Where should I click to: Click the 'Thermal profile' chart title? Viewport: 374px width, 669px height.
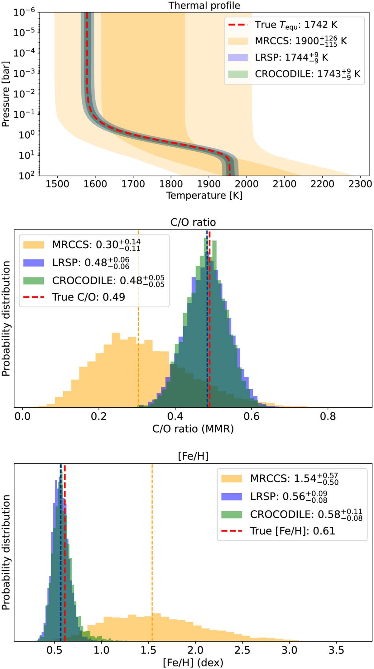coord(204,6)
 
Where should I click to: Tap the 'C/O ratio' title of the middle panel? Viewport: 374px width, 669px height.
coord(193,222)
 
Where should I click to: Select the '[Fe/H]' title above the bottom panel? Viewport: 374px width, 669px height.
coord(193,456)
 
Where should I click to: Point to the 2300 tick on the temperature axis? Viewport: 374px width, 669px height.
coord(360,184)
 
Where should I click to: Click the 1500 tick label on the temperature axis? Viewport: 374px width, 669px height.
coord(57,184)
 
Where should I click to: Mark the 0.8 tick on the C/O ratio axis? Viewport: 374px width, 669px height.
coord(328,416)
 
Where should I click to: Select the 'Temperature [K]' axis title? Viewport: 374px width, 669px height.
coord(204,196)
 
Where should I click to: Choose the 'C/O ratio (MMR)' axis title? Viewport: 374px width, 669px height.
coord(193,429)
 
